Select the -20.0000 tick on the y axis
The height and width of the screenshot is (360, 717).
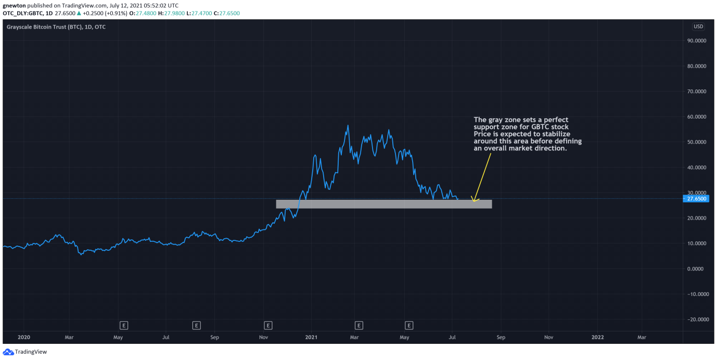click(696, 319)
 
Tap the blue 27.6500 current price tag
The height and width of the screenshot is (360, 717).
click(696, 199)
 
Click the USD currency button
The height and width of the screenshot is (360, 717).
click(698, 27)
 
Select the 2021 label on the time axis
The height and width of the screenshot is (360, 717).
click(311, 337)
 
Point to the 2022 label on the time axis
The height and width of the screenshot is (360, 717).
click(598, 337)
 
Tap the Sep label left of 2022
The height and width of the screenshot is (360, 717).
click(501, 337)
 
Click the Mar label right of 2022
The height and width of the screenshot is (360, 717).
click(642, 337)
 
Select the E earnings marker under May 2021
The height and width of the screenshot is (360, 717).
click(409, 326)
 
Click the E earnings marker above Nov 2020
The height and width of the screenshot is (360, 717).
click(268, 326)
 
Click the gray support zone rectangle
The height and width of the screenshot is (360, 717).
click(383, 204)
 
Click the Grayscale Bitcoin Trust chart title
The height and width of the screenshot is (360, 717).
click(56, 27)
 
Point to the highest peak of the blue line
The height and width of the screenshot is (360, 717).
click(348, 125)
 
